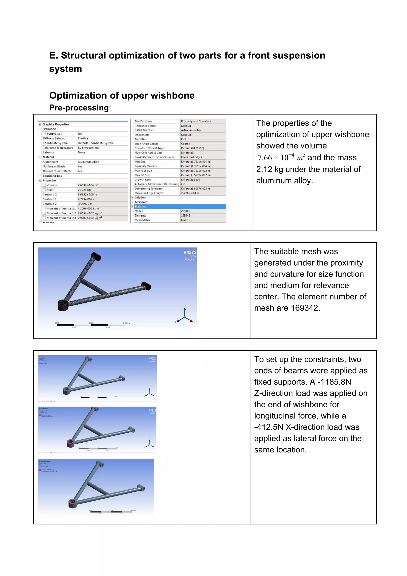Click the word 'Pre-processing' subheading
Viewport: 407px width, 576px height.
point(79,108)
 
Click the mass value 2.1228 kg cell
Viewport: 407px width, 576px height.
point(84,190)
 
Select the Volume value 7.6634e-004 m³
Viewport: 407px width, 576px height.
point(88,185)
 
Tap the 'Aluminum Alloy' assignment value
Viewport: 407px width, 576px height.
point(88,162)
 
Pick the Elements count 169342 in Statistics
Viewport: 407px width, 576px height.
point(185,215)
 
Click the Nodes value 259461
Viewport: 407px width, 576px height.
point(185,211)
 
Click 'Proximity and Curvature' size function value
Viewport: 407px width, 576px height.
point(196,121)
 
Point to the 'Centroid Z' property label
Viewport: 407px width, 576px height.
point(50,204)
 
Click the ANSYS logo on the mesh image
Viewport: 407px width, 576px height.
point(190,252)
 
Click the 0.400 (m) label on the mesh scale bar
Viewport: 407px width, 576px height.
point(126,323)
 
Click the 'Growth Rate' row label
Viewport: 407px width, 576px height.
point(143,180)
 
